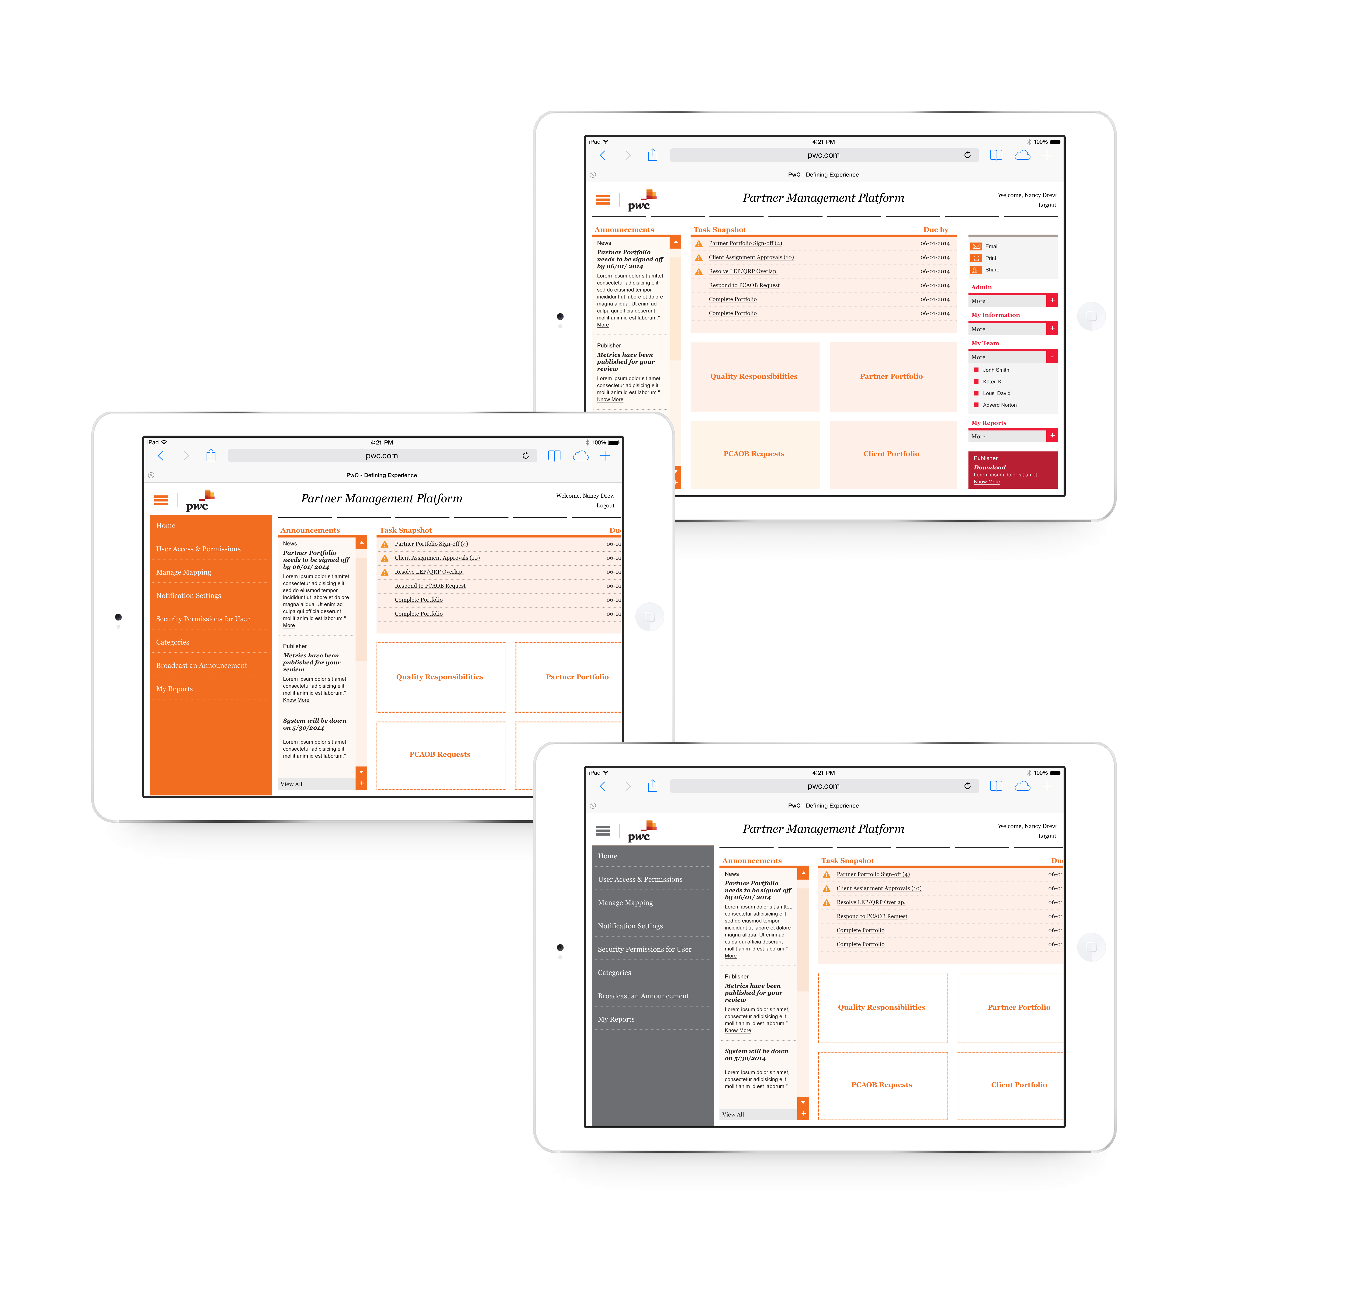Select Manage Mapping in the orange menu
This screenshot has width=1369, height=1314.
184,572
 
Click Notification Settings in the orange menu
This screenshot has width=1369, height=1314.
189,596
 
